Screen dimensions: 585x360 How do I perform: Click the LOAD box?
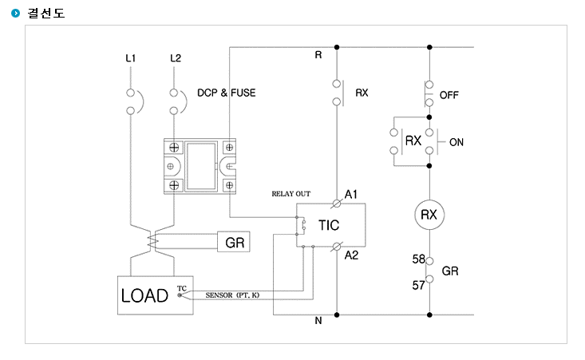point(155,295)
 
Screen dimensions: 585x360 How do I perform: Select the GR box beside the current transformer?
point(234,242)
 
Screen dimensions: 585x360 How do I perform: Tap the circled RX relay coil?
point(429,215)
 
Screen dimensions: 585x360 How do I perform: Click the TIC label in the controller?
point(329,225)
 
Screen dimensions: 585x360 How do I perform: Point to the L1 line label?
point(131,58)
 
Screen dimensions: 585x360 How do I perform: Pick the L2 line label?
point(176,58)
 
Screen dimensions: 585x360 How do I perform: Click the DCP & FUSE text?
point(227,93)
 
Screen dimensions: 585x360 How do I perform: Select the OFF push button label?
point(449,95)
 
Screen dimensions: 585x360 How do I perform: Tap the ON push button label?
point(457,142)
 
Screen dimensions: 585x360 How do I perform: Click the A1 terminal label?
point(350,194)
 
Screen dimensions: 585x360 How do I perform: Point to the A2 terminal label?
point(351,255)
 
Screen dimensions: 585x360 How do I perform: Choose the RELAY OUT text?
point(291,194)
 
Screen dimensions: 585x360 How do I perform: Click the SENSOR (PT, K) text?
point(232,295)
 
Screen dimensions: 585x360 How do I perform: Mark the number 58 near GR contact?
point(419,259)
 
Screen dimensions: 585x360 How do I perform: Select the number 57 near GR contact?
point(418,286)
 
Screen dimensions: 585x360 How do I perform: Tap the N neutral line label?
point(318,321)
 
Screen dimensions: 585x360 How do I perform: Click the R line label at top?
point(318,55)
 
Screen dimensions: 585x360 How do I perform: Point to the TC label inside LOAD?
point(182,288)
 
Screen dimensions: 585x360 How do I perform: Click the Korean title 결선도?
point(46,13)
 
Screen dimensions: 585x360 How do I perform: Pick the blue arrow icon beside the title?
point(15,13)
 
